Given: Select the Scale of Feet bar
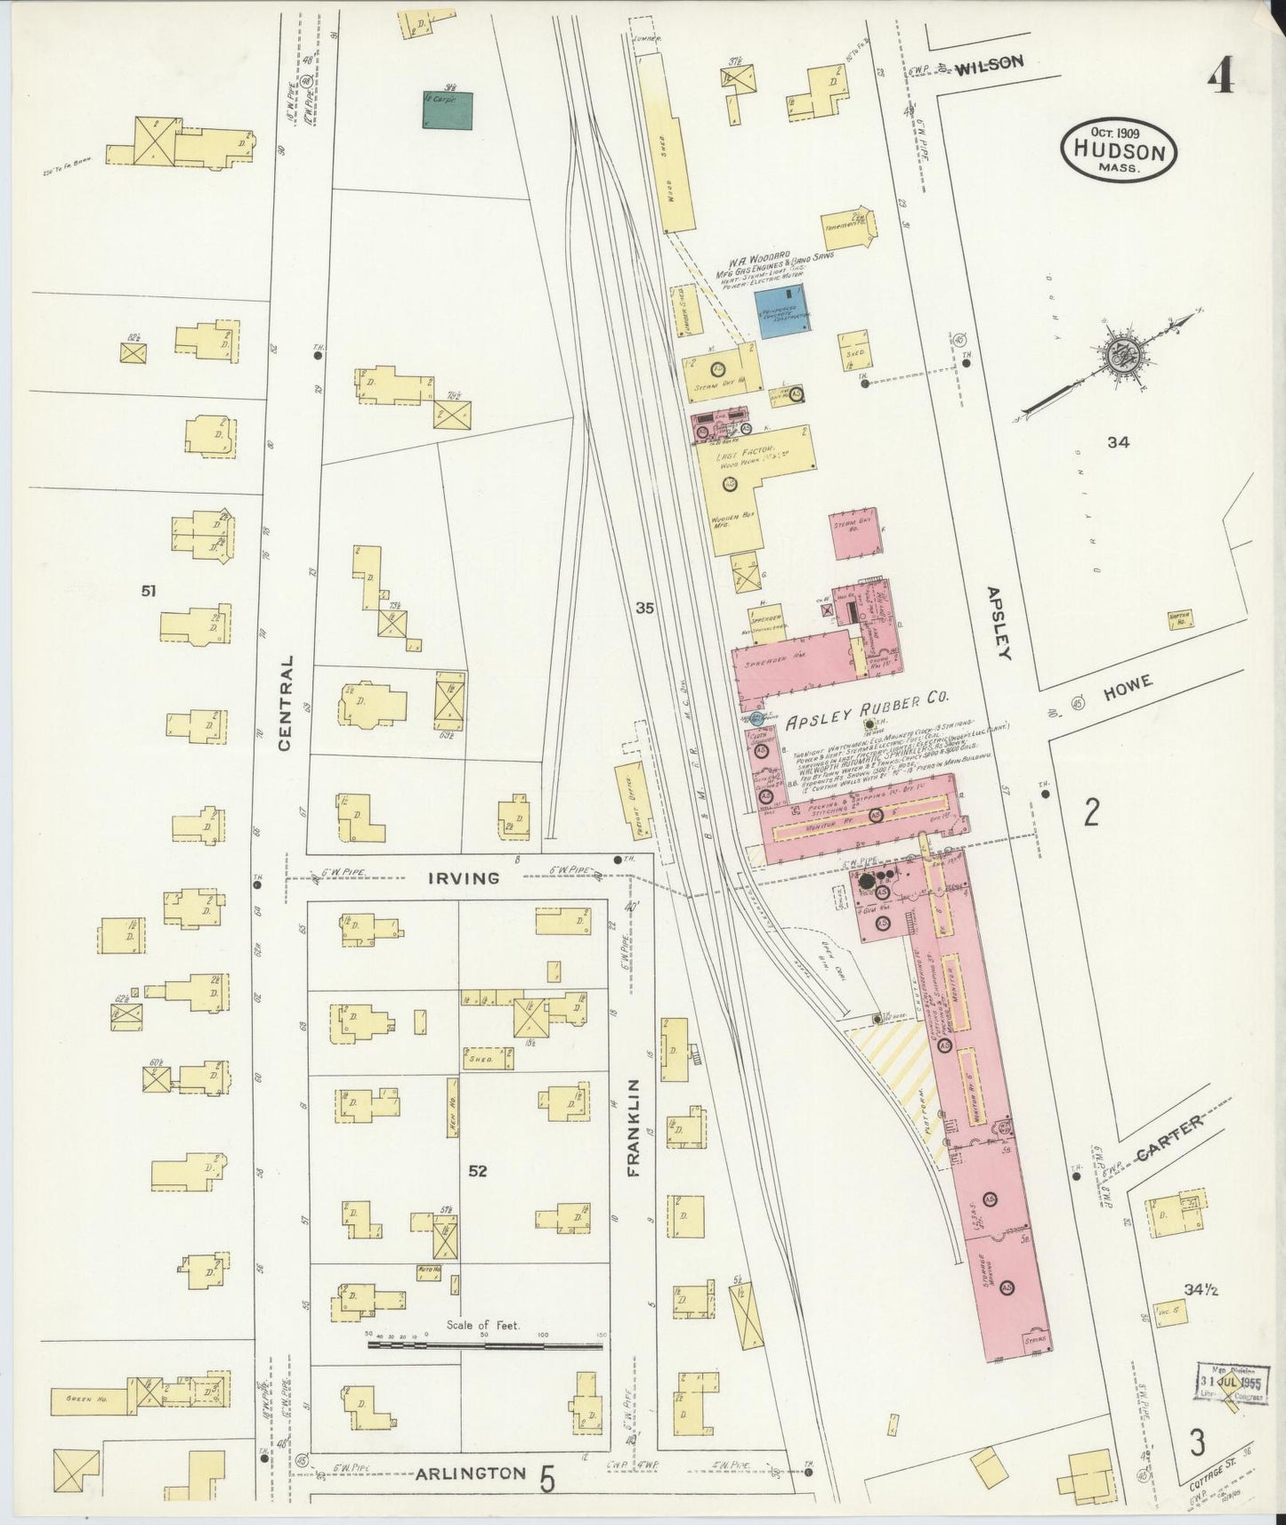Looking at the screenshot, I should (485, 1344).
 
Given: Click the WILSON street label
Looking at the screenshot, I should (990, 63).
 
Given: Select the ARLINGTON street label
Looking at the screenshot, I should (471, 1473).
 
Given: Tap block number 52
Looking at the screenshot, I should (478, 1171).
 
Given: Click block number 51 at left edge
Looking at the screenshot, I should (149, 589).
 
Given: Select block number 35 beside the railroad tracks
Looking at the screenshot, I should (645, 609).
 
